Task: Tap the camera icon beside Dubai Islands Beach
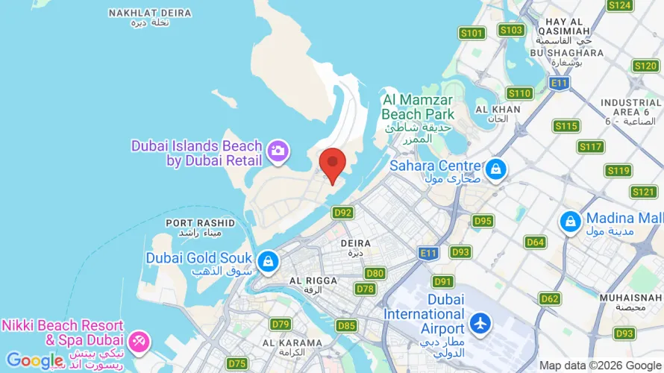pyautogui.click(x=278, y=150)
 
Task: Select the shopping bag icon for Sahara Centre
pyautogui.click(x=495, y=171)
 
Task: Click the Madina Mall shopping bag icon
pyautogui.click(x=571, y=221)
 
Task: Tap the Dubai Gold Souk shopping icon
pyautogui.click(x=268, y=261)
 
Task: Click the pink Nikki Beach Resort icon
pyautogui.click(x=139, y=341)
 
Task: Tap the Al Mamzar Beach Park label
pyautogui.click(x=418, y=107)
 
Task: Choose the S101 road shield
pyautogui.click(x=472, y=33)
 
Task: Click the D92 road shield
pyautogui.click(x=342, y=213)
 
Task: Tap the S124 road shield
pyautogui.click(x=620, y=5)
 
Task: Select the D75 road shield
pyautogui.click(x=237, y=363)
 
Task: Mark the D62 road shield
pyautogui.click(x=550, y=298)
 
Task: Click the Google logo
pyautogui.click(x=34, y=361)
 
